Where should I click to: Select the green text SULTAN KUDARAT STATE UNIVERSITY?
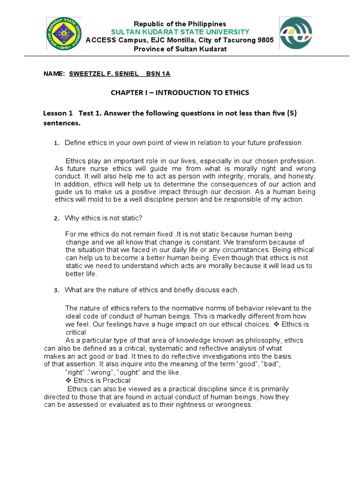[x=180, y=31]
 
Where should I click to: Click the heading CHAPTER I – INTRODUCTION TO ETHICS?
[x=180, y=93]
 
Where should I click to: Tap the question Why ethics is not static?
[x=103, y=218]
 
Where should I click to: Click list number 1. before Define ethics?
[x=55, y=143]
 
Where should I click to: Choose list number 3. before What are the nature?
[x=55, y=290]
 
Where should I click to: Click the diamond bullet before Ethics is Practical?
[x=68, y=381]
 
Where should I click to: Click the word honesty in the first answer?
[x=302, y=176]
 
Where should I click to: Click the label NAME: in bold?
[x=53, y=74]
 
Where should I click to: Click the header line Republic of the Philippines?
[x=180, y=23]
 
